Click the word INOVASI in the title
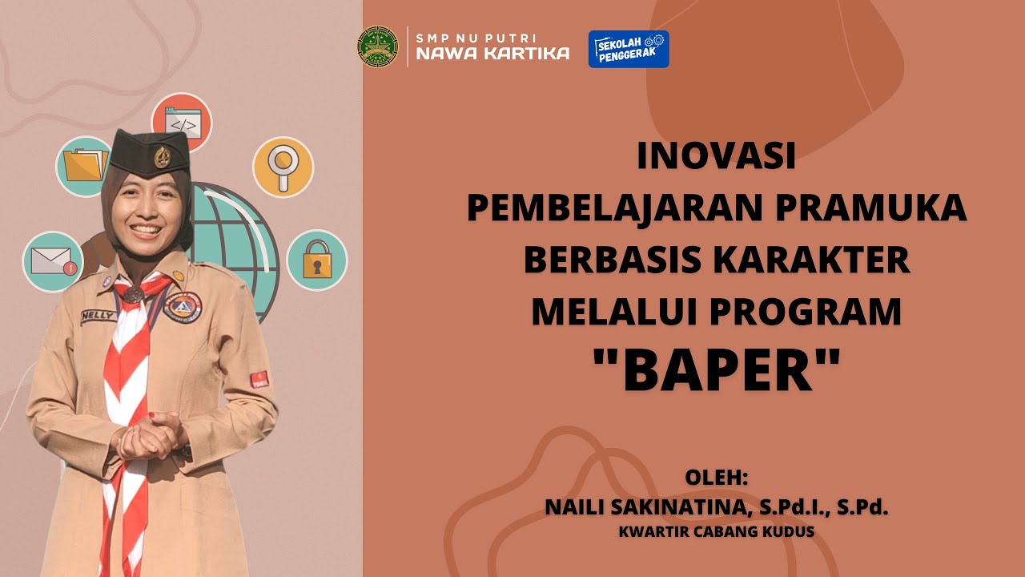tap(717, 157)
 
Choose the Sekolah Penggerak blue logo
tap(629, 49)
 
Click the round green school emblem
tap(377, 46)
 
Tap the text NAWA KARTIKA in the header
tap(492, 54)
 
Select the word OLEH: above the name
tap(716, 478)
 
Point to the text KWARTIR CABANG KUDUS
tap(717, 531)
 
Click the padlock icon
tap(316, 260)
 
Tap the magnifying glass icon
tap(283, 167)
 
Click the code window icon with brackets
tap(182, 123)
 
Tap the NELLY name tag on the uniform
tap(98, 316)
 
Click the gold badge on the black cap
tap(163, 155)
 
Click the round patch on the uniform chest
tap(182, 306)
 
